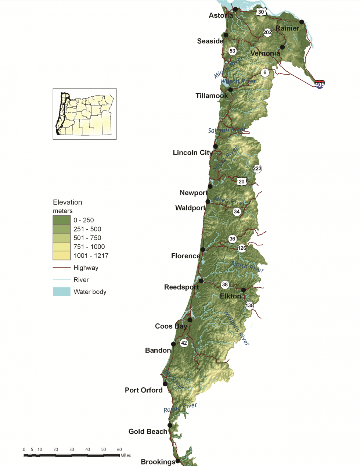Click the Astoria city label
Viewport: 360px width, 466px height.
pos(221,15)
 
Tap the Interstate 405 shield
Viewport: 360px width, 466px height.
pos(320,84)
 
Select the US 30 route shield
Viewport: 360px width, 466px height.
pos(261,12)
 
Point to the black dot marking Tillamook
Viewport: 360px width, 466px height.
pos(230,90)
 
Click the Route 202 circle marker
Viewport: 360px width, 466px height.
pos(267,32)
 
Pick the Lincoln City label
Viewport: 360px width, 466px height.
pos(192,153)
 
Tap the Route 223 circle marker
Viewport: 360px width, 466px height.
pos(257,169)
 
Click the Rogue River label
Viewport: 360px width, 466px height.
pos(180,408)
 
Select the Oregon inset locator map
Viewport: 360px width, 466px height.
pos(84,114)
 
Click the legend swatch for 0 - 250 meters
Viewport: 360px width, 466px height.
pos(62,220)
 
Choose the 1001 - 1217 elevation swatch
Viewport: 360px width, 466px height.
pos(62,255)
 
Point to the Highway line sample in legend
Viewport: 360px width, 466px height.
pos(62,268)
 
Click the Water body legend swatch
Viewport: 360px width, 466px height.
pos(62,292)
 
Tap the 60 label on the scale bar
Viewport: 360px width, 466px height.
pos(119,449)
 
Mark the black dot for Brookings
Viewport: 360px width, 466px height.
pos(178,461)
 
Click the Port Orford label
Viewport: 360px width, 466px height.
pos(144,390)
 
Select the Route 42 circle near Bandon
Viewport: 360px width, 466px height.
pos(184,343)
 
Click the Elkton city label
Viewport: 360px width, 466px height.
pos(230,296)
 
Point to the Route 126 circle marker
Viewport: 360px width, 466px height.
pos(242,248)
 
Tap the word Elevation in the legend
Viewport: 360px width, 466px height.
pos(68,202)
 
